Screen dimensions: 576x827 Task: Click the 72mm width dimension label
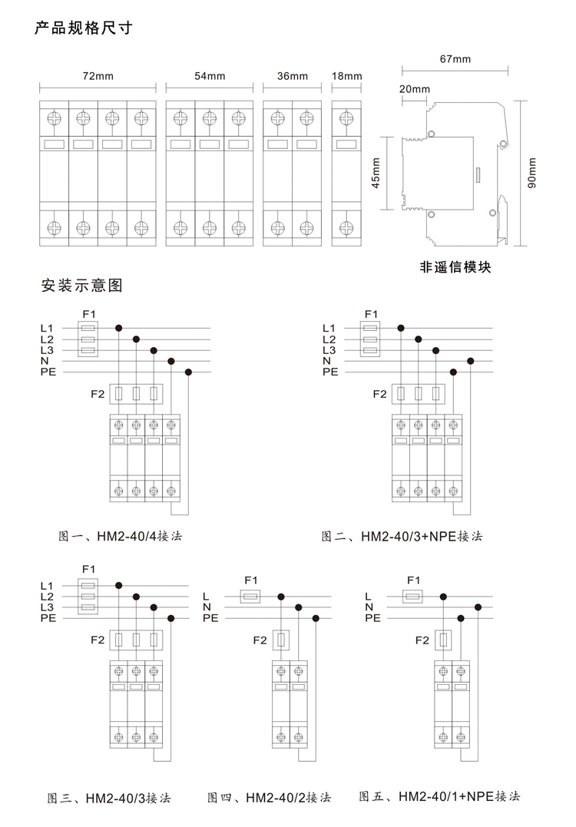coord(98,76)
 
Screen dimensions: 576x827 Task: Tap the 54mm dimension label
coord(210,76)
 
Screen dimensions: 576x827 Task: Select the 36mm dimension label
coord(292,76)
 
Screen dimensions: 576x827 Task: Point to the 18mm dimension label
coord(346,76)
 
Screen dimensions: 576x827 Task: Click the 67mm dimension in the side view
coord(455,59)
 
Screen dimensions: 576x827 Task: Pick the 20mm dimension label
coord(415,88)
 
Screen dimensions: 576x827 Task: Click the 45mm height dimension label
coord(376,173)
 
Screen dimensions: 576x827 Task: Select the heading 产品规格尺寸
coord(84,28)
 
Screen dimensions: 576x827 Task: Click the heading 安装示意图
coord(81,286)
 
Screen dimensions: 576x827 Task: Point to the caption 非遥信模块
coord(455,267)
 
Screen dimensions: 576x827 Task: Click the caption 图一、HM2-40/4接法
coord(121,537)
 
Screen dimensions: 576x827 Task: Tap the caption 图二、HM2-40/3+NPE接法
coord(402,537)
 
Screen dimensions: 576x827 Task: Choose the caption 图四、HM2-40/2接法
coord(269,798)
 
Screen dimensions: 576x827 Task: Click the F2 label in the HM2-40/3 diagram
coord(98,640)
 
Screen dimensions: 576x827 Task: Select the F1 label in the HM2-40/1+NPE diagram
coord(413,581)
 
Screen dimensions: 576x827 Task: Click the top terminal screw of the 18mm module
coord(346,117)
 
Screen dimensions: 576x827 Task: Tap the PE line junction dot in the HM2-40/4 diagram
coord(188,372)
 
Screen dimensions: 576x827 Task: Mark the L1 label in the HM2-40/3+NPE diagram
coord(329,328)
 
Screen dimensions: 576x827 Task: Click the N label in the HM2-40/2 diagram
coord(207,607)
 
